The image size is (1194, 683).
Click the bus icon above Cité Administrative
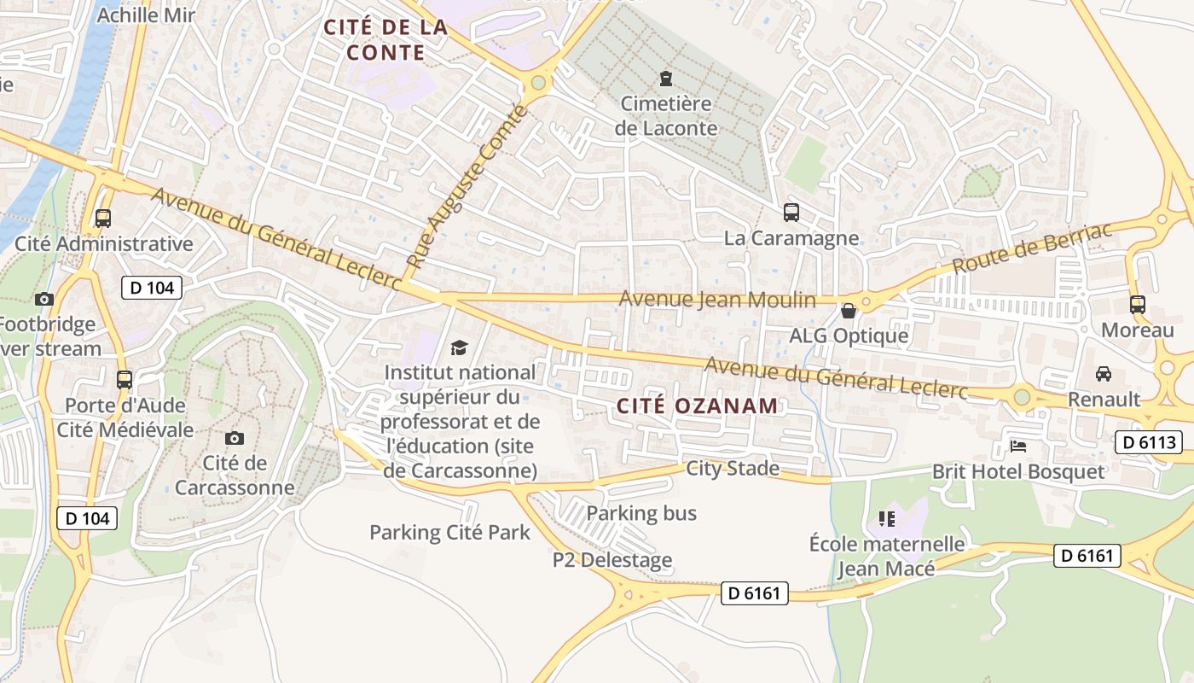pos(103,218)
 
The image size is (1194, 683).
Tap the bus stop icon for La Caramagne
pos(791,212)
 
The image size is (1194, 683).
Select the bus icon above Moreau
pos(1137,304)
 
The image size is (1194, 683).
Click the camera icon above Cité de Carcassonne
pos(234,438)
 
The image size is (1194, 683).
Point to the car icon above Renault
pos(1103,373)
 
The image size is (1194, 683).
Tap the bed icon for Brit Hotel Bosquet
pos(1018,446)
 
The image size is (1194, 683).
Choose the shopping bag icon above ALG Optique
pos(848,310)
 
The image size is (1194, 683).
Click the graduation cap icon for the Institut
pos(460,347)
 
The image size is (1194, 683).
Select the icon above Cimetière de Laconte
pos(665,79)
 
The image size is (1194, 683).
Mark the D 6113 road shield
pos(1148,442)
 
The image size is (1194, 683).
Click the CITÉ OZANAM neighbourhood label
pos(697,406)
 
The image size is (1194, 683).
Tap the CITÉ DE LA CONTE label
pos(385,39)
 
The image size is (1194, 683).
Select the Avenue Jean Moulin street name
pos(716,300)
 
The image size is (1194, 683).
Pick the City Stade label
pos(733,468)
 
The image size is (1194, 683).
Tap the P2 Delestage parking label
pos(611,560)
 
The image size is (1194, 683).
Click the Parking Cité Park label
pos(449,533)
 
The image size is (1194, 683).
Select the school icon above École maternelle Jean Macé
pos(886,518)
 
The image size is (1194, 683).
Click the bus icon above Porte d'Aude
pos(125,379)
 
